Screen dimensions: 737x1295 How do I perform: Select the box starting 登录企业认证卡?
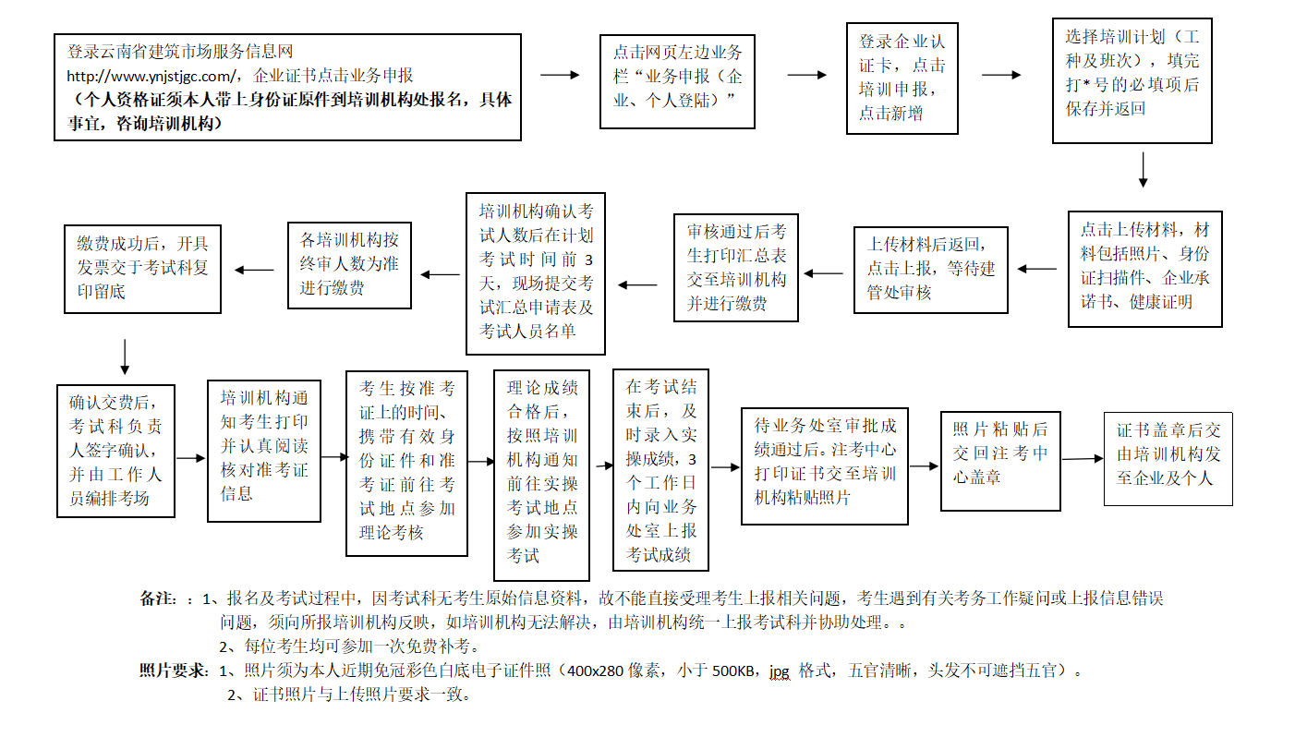[902, 78]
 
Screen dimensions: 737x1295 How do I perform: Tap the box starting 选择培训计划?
[1132, 80]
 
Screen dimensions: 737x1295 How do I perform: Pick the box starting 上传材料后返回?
[930, 269]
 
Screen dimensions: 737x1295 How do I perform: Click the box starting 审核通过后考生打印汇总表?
[735, 267]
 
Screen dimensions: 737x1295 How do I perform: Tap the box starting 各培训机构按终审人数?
[349, 264]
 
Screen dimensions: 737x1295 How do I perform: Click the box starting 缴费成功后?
[142, 268]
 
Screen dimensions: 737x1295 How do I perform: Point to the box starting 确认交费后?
[115, 450]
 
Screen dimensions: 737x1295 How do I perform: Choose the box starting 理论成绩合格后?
[541, 476]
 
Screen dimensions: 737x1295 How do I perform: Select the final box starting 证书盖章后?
[1168, 458]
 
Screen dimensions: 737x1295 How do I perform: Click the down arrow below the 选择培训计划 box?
[1144, 170]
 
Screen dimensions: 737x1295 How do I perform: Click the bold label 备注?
[158, 598]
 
